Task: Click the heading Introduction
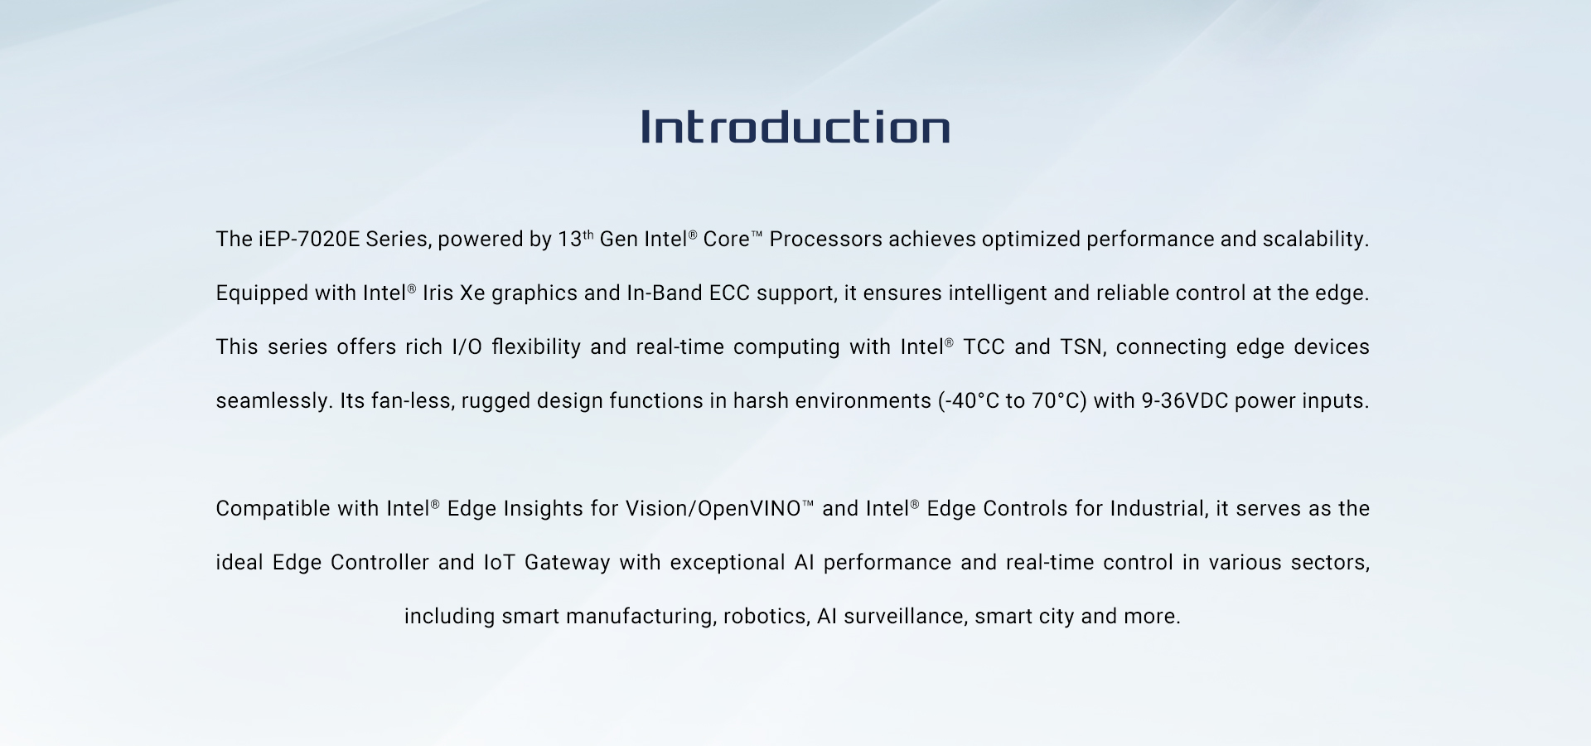click(x=795, y=127)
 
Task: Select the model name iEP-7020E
click(x=309, y=240)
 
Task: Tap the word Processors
click(x=826, y=240)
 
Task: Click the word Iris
click(x=438, y=293)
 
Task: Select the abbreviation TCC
click(x=984, y=347)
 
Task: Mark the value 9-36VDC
click(x=1185, y=401)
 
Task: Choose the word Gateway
click(x=568, y=564)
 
